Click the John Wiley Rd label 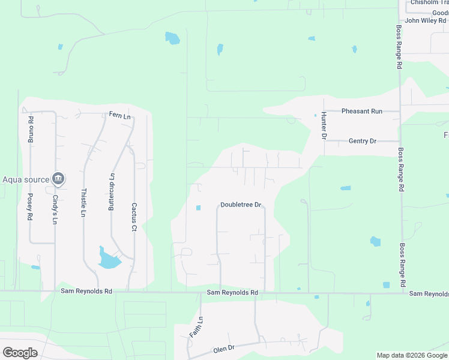[426, 20]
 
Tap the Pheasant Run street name [361, 111]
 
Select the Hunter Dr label [323, 125]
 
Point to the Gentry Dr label [362, 141]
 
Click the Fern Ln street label [119, 115]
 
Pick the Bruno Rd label [31, 128]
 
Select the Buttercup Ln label [110, 191]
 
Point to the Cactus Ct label [134, 217]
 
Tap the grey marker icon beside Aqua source [58, 178]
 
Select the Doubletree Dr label [241, 205]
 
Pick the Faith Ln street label [196, 330]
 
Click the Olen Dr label [223, 349]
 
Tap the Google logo [20, 352]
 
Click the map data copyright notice [412, 355]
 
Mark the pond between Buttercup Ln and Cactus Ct [109, 259]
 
